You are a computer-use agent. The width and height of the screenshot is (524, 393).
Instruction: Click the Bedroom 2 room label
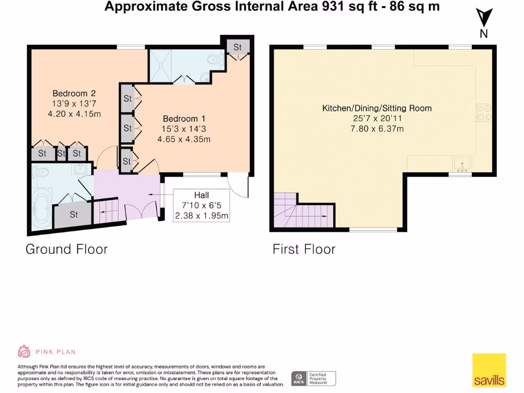pyautogui.click(x=74, y=93)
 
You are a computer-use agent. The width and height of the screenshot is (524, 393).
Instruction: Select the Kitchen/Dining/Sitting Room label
pyautogui.click(x=377, y=108)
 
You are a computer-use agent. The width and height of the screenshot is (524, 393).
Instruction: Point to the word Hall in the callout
pyautogui.click(x=201, y=195)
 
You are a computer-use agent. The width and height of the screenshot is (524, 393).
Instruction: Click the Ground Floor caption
pyautogui.click(x=67, y=249)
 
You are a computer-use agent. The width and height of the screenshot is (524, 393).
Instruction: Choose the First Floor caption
pyautogui.click(x=304, y=249)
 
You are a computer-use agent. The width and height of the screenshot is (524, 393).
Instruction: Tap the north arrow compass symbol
pyautogui.click(x=484, y=20)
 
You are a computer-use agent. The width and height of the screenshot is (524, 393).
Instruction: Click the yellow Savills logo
pyautogui.click(x=489, y=370)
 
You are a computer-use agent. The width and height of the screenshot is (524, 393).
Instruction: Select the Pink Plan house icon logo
pyautogui.click(x=24, y=352)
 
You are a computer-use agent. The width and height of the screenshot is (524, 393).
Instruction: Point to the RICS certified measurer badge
pyautogui.click(x=314, y=379)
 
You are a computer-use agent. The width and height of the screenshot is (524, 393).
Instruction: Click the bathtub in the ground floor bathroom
pyautogui.click(x=41, y=208)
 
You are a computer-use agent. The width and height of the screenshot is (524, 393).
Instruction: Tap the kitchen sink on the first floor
pyautogui.click(x=463, y=164)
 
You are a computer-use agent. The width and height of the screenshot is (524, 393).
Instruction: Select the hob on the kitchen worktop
pyautogui.click(x=484, y=113)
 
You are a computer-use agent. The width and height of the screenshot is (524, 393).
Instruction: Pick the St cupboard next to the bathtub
pyautogui.click(x=74, y=214)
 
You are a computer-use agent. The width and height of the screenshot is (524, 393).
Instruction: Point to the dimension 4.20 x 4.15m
pyautogui.click(x=74, y=114)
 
